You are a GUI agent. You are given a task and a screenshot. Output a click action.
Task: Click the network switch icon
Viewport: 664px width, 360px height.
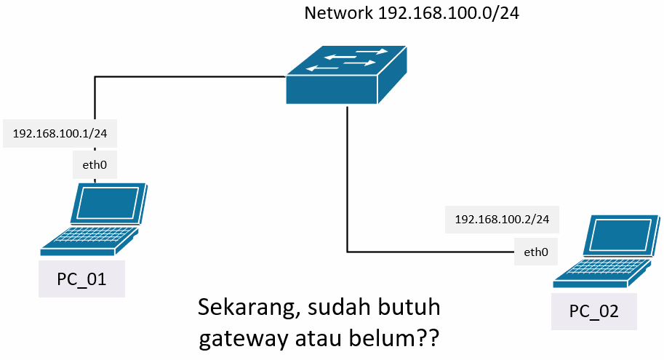pyautogui.click(x=346, y=76)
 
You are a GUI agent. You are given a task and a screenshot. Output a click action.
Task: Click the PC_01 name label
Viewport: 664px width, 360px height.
pyautogui.click(x=81, y=279)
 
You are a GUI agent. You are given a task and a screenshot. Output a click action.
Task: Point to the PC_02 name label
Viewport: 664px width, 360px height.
pyautogui.click(x=593, y=311)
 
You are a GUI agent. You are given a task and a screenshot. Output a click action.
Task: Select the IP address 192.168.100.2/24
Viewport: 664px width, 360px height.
pyautogui.click(x=502, y=219)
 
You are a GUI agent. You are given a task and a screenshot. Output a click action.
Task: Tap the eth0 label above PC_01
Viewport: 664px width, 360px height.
pyautogui.click(x=95, y=165)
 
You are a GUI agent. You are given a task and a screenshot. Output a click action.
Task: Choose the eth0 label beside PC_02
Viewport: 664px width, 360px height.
pyautogui.click(x=535, y=252)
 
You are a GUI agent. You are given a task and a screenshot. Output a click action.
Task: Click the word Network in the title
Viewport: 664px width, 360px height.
pyautogui.click(x=339, y=13)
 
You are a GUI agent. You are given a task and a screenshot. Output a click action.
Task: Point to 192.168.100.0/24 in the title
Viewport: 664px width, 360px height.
pyautogui.click(x=449, y=13)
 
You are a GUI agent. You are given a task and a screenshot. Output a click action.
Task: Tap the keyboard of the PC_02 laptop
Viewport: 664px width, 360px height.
pyautogui.click(x=593, y=271)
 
